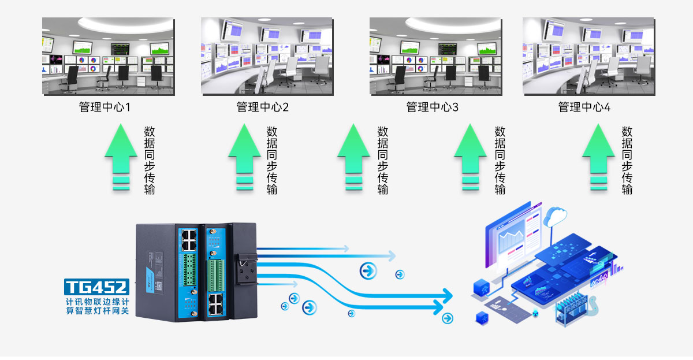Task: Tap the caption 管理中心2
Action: [263, 107]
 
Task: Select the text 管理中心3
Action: [432, 107]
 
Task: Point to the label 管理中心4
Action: [584, 107]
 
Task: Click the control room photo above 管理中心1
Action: [108, 56]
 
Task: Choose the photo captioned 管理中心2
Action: [267, 56]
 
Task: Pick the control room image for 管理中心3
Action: [435, 56]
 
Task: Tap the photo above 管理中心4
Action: [588, 56]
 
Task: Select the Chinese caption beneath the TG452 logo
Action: [97, 306]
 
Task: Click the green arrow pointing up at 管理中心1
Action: [121, 155]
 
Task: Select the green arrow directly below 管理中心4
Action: [598, 155]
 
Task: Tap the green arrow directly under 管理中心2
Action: [244, 155]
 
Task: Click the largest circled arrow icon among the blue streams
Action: [367, 269]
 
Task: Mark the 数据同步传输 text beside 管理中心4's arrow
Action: [627, 160]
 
